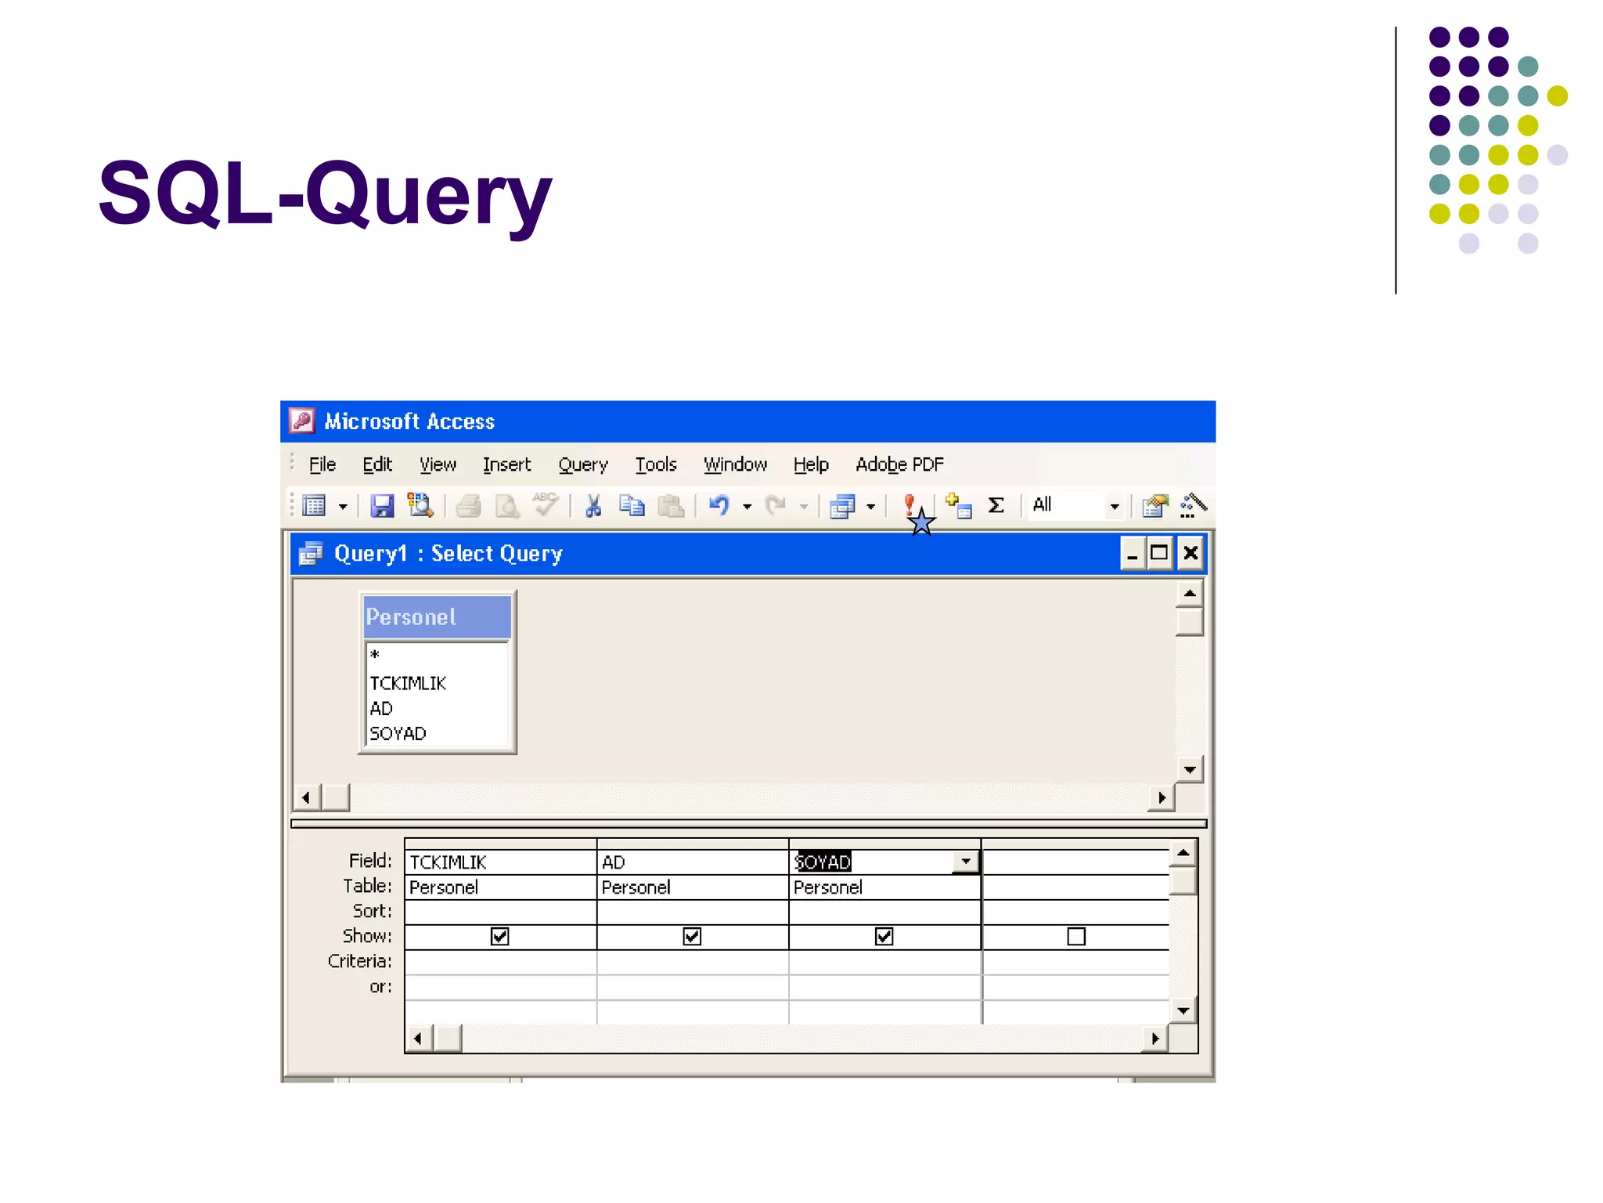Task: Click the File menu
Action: click(x=322, y=464)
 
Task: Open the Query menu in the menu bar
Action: click(x=582, y=464)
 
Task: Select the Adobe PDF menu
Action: click(x=899, y=464)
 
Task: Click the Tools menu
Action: click(x=655, y=464)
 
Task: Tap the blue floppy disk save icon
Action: click(x=382, y=506)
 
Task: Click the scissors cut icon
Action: click(x=593, y=506)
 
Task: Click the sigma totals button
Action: click(x=996, y=505)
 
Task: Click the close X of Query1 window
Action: click(x=1190, y=553)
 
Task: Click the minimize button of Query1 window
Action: click(x=1132, y=553)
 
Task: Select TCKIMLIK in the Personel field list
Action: click(x=408, y=683)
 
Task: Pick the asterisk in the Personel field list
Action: click(x=375, y=655)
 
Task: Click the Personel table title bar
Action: click(x=436, y=617)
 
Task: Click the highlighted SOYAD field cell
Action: click(x=823, y=862)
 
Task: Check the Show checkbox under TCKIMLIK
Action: click(x=499, y=936)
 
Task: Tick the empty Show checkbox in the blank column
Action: click(x=1076, y=936)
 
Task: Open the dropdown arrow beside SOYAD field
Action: click(x=966, y=862)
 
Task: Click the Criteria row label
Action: click(x=359, y=961)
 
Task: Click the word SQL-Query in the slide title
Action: click(x=324, y=193)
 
